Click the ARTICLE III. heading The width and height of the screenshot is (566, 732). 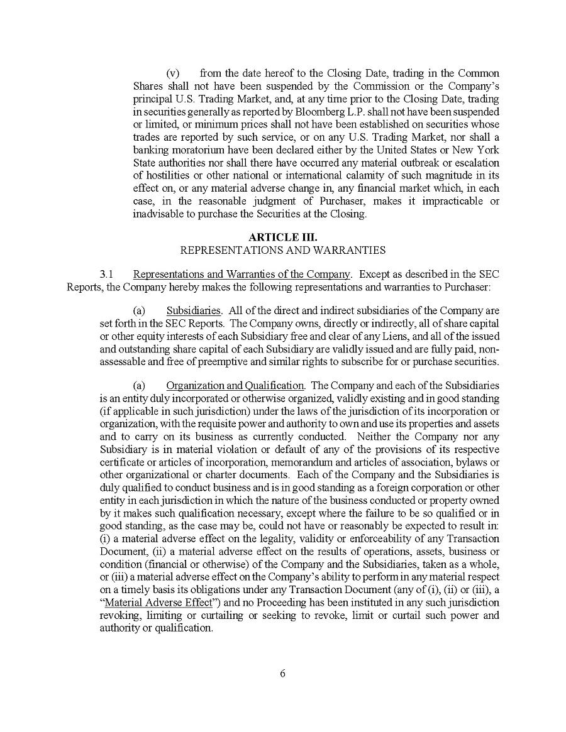pos(283,237)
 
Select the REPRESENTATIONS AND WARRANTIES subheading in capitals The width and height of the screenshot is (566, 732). pos(283,249)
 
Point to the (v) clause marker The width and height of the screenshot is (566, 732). pos(173,74)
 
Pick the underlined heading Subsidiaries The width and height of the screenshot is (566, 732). pos(194,310)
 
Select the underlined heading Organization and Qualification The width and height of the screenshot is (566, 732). pos(235,385)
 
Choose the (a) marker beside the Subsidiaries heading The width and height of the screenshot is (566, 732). pos(139,310)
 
